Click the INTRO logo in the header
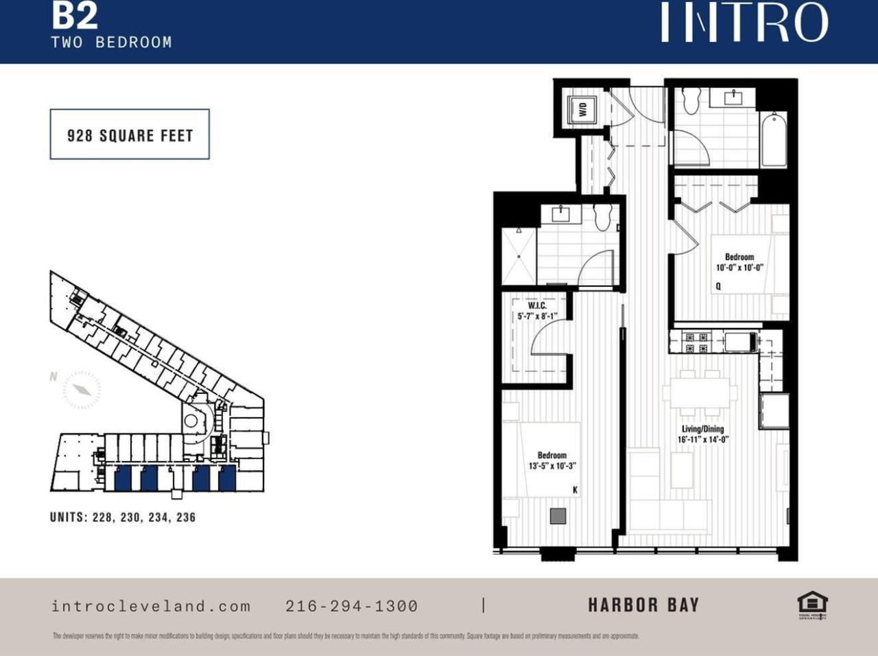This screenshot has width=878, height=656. pyautogui.click(x=744, y=22)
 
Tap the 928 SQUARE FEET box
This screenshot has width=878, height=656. pyautogui.click(x=130, y=134)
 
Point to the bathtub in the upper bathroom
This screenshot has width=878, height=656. pyautogui.click(x=774, y=140)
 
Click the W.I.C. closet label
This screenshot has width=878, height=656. pyautogui.click(x=537, y=305)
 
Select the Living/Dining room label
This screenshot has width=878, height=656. pyautogui.click(x=702, y=429)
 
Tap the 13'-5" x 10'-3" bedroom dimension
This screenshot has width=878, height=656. pyautogui.click(x=552, y=466)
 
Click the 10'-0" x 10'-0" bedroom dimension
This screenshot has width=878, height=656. pyautogui.click(x=739, y=268)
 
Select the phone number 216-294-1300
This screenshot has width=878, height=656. pyautogui.click(x=351, y=606)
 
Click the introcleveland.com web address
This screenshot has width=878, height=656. pyautogui.click(x=151, y=606)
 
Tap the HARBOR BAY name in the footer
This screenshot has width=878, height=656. pyautogui.click(x=643, y=605)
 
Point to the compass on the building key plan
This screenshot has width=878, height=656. pyautogui.click(x=82, y=390)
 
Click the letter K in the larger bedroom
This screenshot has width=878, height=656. pyautogui.click(x=575, y=489)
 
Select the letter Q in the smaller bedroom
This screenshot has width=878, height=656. pyautogui.click(x=718, y=286)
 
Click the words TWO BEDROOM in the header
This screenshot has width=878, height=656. pyautogui.click(x=111, y=42)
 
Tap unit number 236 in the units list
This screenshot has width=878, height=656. pyautogui.click(x=186, y=517)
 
